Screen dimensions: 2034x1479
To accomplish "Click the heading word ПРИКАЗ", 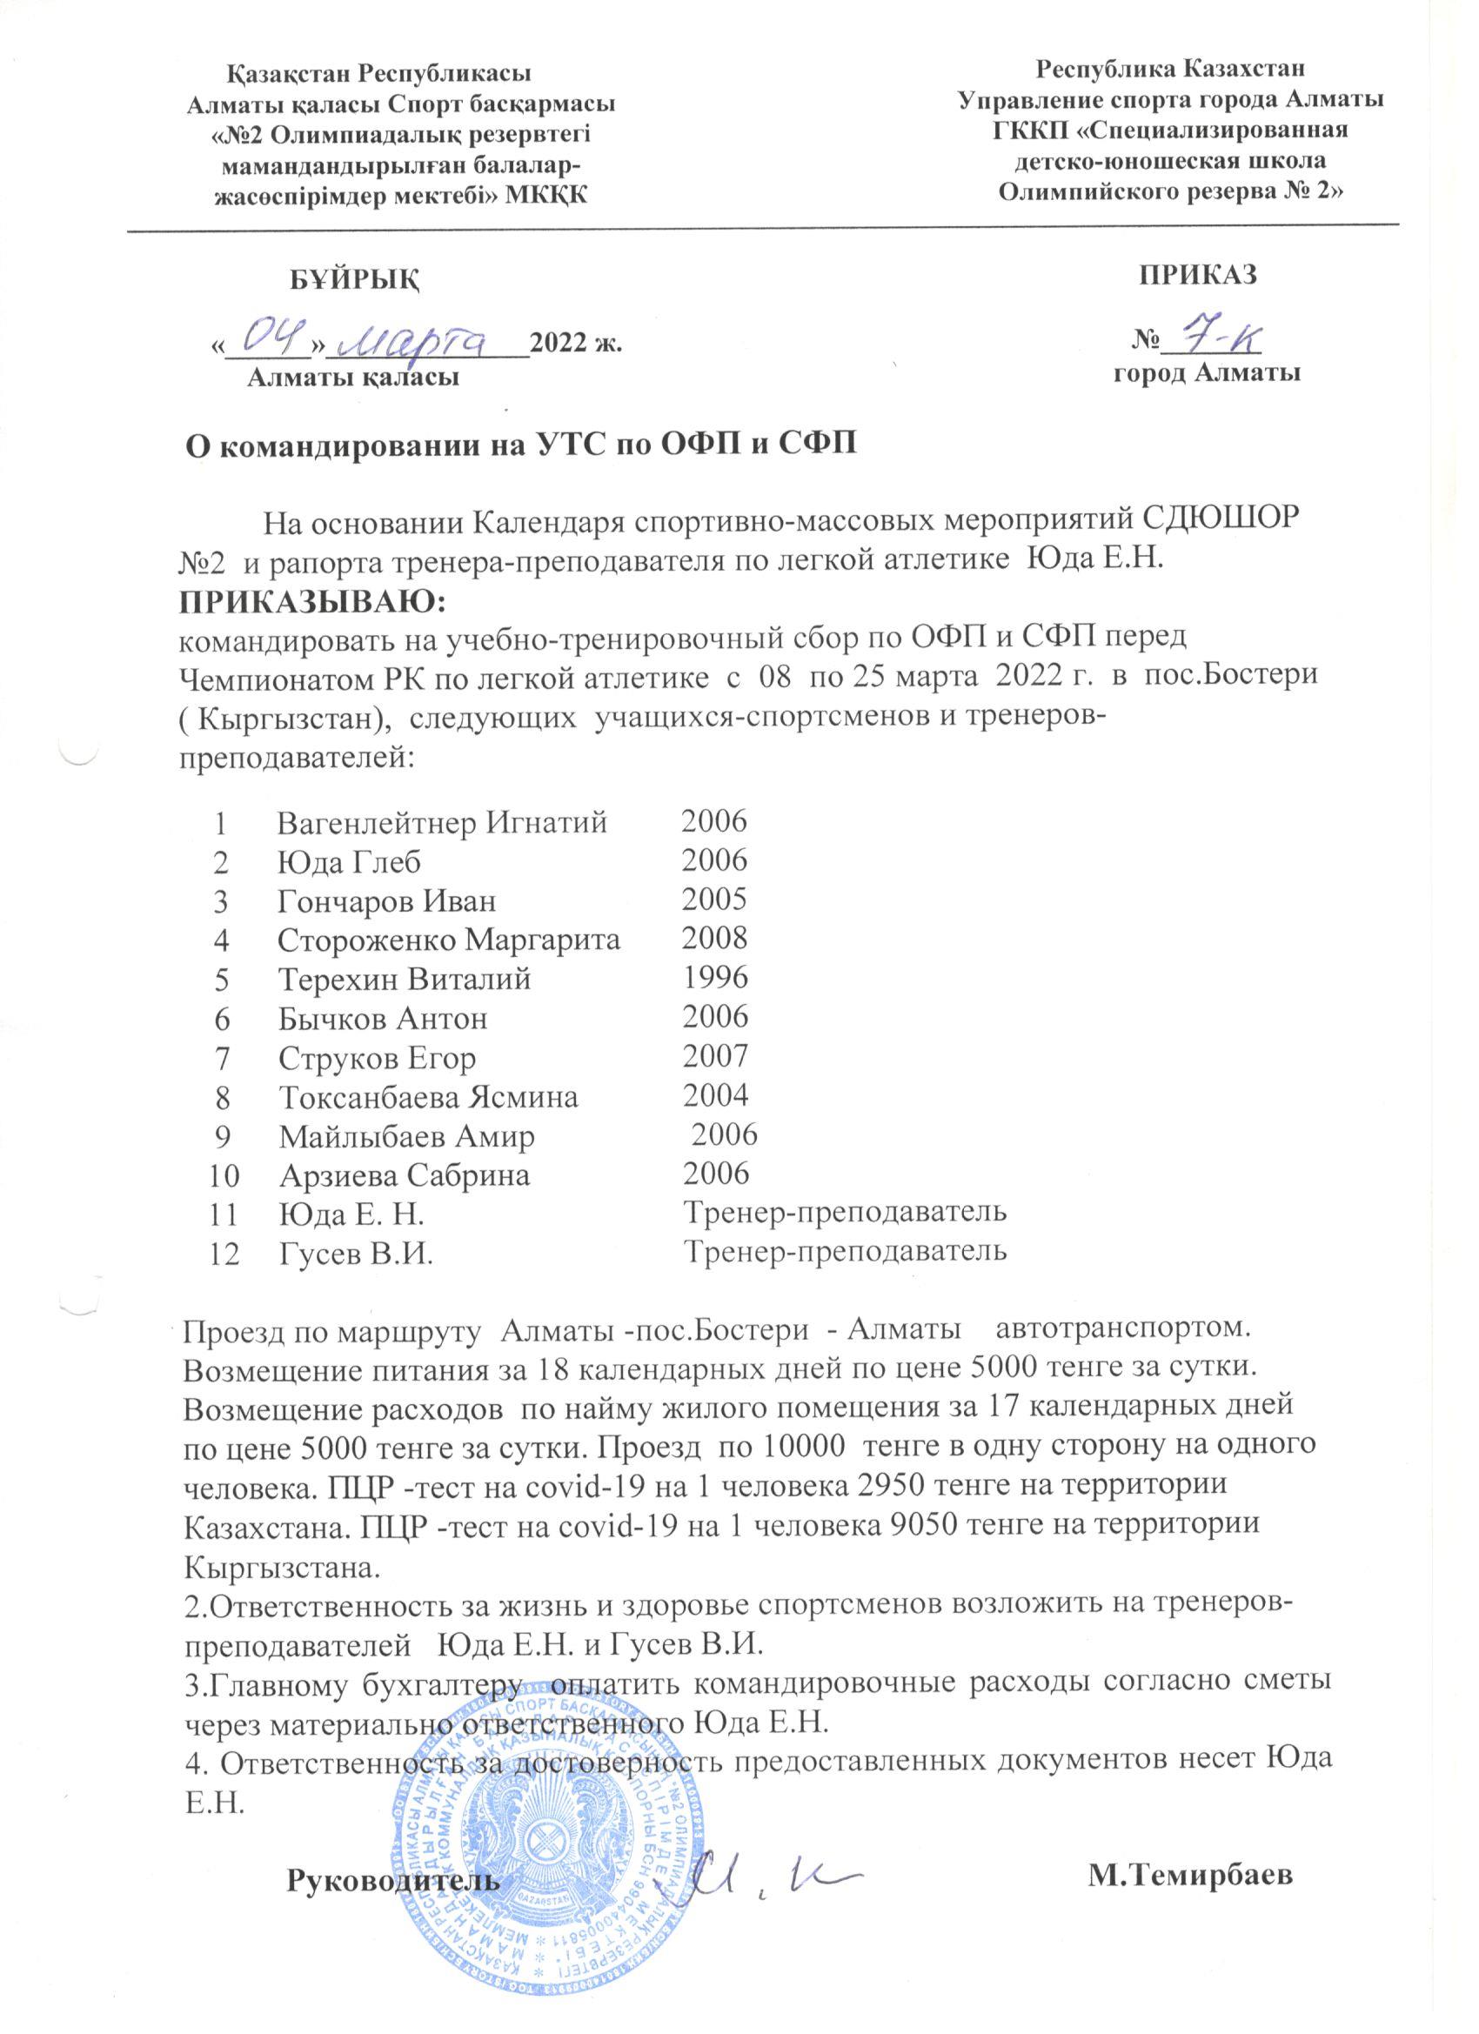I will (1197, 274).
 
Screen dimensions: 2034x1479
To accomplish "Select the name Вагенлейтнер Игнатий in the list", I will (442, 821).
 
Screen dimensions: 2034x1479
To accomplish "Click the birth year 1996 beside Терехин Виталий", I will (715, 978).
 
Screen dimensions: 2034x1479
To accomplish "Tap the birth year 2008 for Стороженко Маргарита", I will (715, 938).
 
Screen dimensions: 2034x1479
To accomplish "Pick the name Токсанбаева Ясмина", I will (428, 1096).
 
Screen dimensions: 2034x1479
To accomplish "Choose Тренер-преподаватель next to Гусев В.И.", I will (845, 1252).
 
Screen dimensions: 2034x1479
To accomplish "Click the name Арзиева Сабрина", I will (404, 1174).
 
